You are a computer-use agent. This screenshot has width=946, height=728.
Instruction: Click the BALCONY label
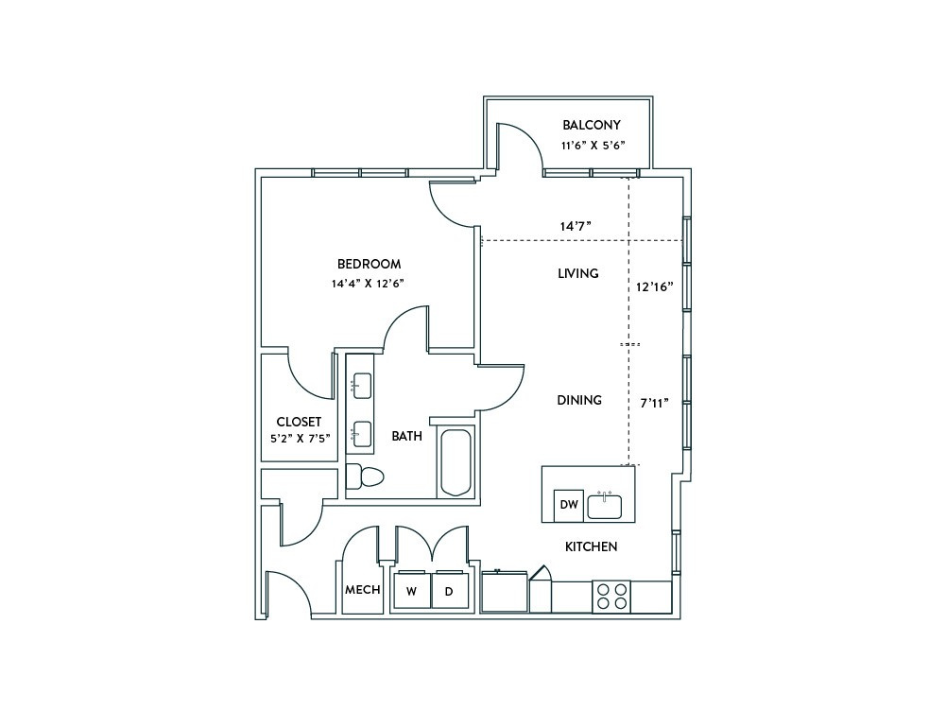tap(592, 125)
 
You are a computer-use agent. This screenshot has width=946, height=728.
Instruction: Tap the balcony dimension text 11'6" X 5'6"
tap(593, 145)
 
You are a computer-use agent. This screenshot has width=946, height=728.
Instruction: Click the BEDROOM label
tap(369, 264)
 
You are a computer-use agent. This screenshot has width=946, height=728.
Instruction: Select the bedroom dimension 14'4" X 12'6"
tap(367, 284)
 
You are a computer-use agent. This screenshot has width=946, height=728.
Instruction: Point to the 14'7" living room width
tap(575, 226)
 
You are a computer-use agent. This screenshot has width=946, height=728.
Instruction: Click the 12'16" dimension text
tap(655, 286)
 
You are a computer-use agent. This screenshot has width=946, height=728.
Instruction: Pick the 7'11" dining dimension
tap(655, 403)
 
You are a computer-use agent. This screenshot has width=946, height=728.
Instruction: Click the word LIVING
tap(578, 273)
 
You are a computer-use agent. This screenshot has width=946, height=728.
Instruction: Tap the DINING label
tap(579, 400)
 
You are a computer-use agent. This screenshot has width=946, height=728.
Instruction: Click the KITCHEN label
tap(592, 546)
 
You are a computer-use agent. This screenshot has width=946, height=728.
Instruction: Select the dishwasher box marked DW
tap(569, 505)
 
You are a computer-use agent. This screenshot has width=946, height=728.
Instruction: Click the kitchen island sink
tap(605, 506)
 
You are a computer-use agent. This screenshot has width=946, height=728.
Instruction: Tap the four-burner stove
tap(611, 597)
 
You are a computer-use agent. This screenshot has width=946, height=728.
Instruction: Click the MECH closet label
tap(363, 590)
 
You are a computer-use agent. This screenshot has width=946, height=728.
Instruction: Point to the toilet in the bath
tap(366, 477)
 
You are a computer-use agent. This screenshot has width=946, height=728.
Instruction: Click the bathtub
tap(456, 461)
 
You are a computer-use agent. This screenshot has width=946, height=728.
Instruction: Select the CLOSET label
tap(299, 422)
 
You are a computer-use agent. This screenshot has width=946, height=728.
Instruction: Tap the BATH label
tap(406, 436)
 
